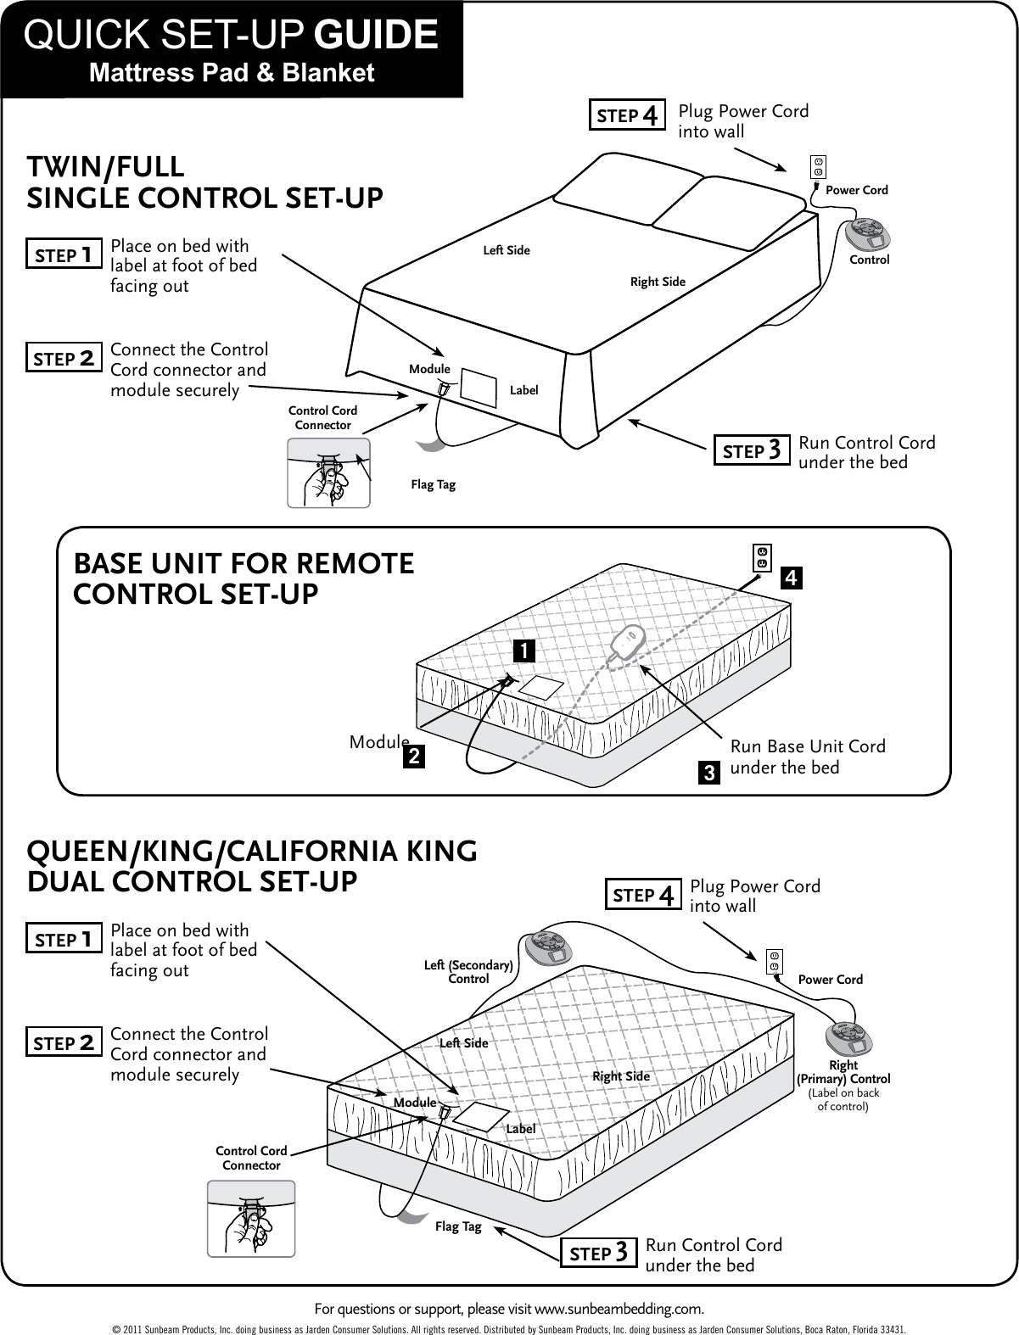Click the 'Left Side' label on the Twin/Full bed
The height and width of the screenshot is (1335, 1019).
[507, 250]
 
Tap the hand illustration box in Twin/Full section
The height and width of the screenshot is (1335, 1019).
[328, 473]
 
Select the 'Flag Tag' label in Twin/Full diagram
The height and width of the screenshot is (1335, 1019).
[433, 485]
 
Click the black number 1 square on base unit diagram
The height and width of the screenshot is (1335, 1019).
[524, 651]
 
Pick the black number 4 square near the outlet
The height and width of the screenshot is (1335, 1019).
[790, 578]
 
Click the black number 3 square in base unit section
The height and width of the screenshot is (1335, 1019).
[708, 773]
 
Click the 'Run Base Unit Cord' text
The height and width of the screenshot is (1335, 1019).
[807, 746]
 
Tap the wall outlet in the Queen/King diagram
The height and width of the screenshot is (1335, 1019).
[774, 961]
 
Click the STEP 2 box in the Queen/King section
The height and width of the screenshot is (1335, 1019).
[64, 1043]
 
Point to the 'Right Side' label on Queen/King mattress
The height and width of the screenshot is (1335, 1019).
[620, 1076]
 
